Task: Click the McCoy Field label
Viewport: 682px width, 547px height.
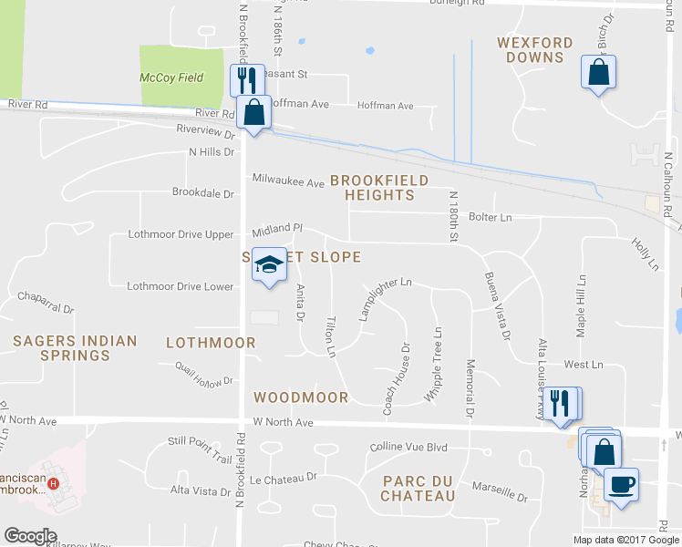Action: coord(165,77)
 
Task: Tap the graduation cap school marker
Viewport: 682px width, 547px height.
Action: coord(269,265)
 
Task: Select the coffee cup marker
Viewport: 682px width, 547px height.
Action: coord(621,483)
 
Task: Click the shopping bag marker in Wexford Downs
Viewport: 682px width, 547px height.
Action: coord(598,72)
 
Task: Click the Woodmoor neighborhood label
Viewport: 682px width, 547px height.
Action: coord(301,397)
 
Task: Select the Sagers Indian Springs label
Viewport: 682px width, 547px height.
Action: coord(75,348)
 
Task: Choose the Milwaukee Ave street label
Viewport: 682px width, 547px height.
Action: coord(288,183)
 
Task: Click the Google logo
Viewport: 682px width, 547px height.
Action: coord(30,536)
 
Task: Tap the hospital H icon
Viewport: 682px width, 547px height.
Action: coord(54,483)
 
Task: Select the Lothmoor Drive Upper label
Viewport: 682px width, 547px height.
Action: coord(181,235)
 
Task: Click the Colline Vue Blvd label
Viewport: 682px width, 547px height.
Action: coord(409,448)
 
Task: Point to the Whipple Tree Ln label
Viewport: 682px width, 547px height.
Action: coord(437,365)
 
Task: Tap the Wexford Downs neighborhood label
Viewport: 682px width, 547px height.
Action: coord(535,50)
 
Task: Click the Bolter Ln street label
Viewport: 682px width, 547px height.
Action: coord(490,218)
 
